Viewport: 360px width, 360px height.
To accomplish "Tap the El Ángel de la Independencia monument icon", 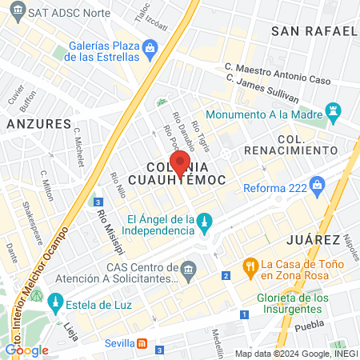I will tap(206, 221).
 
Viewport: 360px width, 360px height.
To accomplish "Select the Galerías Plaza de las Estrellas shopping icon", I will tap(150, 50).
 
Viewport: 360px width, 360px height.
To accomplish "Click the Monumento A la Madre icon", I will tap(333, 114).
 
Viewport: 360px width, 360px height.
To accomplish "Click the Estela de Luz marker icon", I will tap(55, 302).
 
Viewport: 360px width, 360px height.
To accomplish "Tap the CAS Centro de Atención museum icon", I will tap(190, 267).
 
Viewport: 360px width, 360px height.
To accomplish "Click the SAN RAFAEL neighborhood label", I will tap(314, 31).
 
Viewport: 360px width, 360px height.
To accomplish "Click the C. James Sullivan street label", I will tap(263, 90).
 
